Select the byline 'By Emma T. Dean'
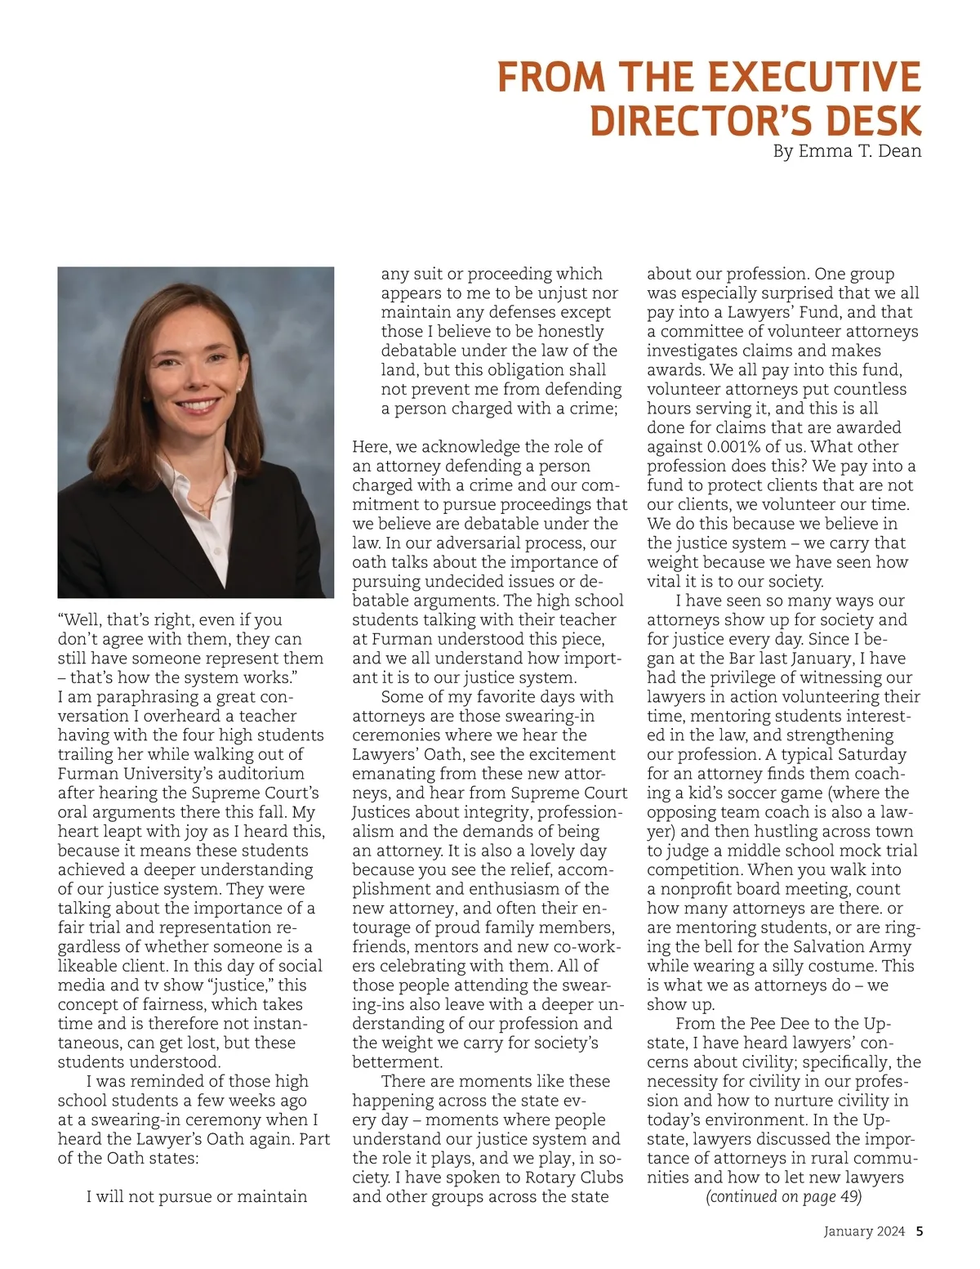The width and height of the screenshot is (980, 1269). tap(847, 151)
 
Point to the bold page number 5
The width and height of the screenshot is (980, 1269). tap(920, 1231)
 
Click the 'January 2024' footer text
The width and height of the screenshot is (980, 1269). tap(864, 1231)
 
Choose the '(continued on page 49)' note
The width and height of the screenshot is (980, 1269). tap(783, 1197)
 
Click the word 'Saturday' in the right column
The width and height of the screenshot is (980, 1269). tap(869, 755)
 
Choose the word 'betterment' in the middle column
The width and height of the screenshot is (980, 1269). tap(397, 1062)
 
